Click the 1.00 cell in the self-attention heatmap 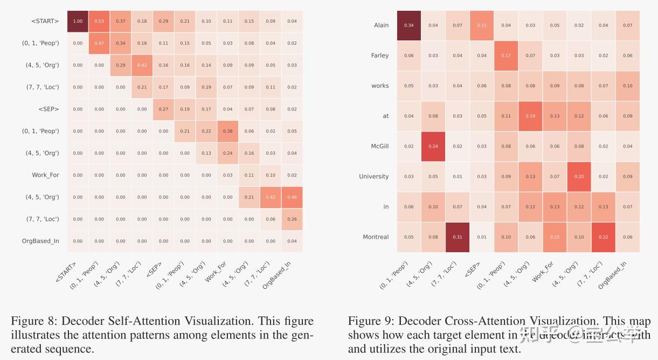pyautogui.click(x=78, y=21)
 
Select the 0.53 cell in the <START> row pyautogui.click(x=99, y=21)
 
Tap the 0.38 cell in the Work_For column pyautogui.click(x=228, y=131)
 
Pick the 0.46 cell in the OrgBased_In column pyautogui.click(x=292, y=197)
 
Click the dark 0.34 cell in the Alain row pyautogui.click(x=409, y=25)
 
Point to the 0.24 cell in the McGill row pyautogui.click(x=433, y=146)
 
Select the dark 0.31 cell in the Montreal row pyautogui.click(x=458, y=237)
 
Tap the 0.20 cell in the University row pyautogui.click(x=579, y=177)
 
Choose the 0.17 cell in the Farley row pyautogui.click(x=506, y=56)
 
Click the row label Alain pyautogui.click(x=381, y=25)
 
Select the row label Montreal pyautogui.click(x=376, y=237)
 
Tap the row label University pyautogui.click(x=373, y=177)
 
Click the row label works pyautogui.click(x=380, y=86)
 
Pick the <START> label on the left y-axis pyautogui.click(x=45, y=21)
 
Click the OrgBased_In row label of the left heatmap pyautogui.click(x=40, y=241)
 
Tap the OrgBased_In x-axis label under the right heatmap pyautogui.click(x=613, y=275)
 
